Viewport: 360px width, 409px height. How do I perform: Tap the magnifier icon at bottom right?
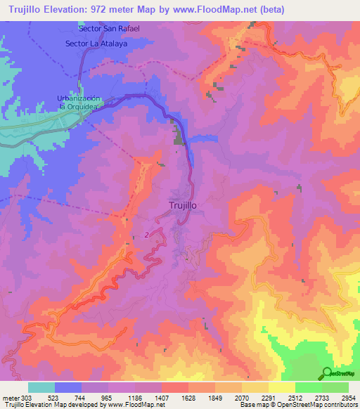[x=327, y=374]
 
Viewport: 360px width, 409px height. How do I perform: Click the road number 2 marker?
[x=146, y=234]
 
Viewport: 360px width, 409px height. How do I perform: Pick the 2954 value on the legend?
[x=347, y=398]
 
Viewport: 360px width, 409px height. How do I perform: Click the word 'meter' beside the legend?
[x=11, y=398]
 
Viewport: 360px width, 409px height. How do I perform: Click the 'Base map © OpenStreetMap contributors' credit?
[x=299, y=405]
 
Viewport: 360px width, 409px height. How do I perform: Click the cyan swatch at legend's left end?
[x=41, y=387]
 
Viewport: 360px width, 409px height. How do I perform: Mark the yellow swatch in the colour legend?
[x=281, y=387]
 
